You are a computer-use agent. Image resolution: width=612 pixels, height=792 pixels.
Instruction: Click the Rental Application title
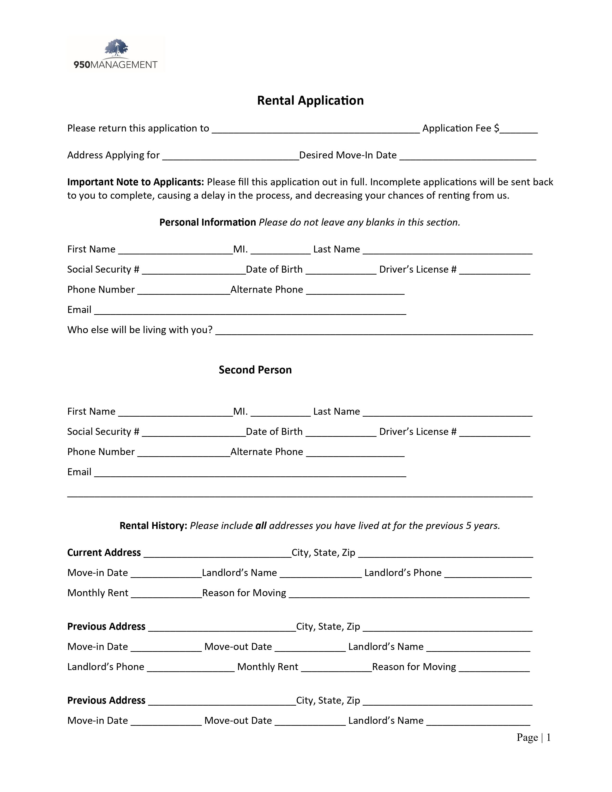(x=310, y=101)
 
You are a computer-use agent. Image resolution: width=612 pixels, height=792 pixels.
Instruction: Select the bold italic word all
(x=261, y=526)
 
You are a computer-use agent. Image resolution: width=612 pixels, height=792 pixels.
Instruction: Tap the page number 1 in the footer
(x=549, y=738)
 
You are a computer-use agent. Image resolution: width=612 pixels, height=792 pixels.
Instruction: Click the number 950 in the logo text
(x=82, y=65)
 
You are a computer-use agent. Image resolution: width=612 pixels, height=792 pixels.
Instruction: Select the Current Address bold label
(x=104, y=553)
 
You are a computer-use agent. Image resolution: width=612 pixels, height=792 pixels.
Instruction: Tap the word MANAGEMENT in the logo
(x=124, y=65)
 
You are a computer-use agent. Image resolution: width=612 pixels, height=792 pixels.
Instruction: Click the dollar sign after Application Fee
(x=496, y=128)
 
